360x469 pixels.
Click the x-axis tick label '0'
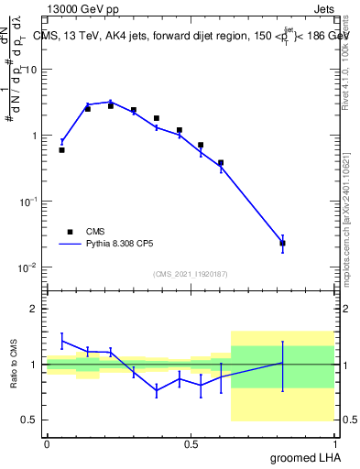pos(47,443)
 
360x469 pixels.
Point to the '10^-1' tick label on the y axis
pos(28,201)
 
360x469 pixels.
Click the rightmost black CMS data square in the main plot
pos(282,244)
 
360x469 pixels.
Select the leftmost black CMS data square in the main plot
pos(61,149)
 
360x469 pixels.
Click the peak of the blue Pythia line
pos(111,102)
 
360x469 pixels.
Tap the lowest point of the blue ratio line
pos(157,390)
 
